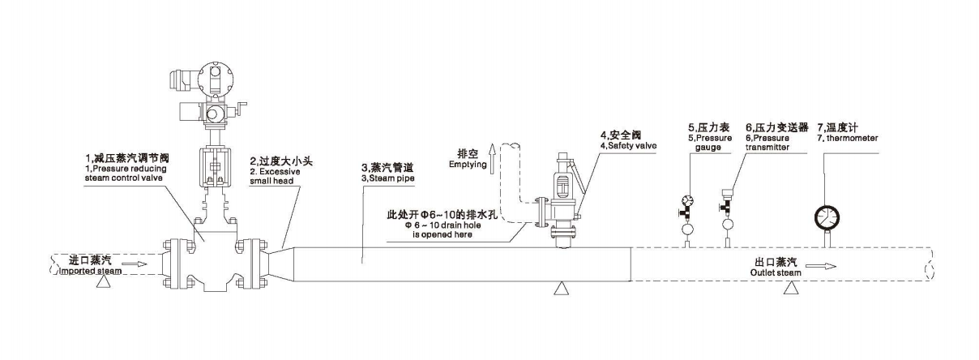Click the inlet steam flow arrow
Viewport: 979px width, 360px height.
coord(139,264)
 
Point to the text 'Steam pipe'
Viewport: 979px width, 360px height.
coord(388,178)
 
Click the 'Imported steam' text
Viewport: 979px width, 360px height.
coord(90,272)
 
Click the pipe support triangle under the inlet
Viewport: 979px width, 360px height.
coord(100,285)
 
